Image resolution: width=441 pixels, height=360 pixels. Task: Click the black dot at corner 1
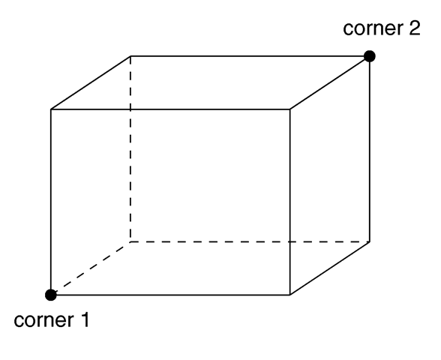point(51,295)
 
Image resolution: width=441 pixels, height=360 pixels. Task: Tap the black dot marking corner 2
point(370,56)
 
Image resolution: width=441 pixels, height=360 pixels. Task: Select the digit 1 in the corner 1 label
point(85,320)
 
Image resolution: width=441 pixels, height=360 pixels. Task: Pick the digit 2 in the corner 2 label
point(414,28)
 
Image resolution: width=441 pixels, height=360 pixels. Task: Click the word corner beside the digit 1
point(43,321)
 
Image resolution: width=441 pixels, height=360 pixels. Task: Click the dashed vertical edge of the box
point(130,148)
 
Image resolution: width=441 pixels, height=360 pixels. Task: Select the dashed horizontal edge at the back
point(250,241)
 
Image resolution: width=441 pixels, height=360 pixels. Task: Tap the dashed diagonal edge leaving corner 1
point(91,268)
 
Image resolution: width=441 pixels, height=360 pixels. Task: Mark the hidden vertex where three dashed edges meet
point(130,241)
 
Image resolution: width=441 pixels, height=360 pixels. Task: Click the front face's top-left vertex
point(51,109)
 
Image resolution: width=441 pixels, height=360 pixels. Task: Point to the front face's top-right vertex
point(290,109)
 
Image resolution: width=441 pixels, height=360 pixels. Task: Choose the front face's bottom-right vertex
point(290,295)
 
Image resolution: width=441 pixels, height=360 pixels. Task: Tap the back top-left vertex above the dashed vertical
point(130,56)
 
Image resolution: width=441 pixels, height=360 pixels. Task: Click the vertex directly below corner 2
point(370,241)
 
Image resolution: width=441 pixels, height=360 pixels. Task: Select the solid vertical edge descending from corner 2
point(370,148)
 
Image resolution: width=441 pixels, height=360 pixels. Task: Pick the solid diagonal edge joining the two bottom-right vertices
point(330,268)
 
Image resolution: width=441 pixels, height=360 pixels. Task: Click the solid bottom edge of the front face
point(170,295)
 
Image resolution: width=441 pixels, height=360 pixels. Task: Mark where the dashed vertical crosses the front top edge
point(130,109)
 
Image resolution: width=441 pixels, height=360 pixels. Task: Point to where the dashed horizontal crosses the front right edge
point(290,241)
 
